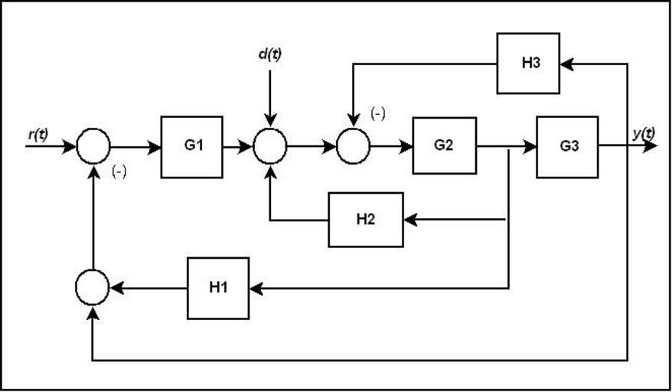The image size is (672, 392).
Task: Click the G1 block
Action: [x=191, y=147]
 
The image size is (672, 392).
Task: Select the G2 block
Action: [x=444, y=145]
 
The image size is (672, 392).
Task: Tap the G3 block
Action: [x=567, y=147]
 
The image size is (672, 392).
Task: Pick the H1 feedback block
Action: [x=218, y=288]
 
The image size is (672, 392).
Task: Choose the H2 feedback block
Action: [x=366, y=220]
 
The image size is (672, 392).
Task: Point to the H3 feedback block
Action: [x=528, y=63]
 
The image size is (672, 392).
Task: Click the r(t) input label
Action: [x=38, y=135]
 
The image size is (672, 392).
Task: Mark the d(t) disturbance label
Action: [x=269, y=55]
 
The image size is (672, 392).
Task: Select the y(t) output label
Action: [x=644, y=133]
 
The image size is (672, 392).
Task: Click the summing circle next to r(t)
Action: [x=93, y=146]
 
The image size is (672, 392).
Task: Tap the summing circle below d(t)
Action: [x=269, y=146]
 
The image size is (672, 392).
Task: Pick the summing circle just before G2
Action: [x=353, y=146]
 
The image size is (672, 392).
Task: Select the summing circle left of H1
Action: [x=93, y=288]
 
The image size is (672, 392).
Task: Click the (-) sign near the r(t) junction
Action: [x=119, y=171]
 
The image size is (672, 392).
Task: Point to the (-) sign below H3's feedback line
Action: [x=378, y=114]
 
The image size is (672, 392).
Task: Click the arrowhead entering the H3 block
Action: [x=566, y=64]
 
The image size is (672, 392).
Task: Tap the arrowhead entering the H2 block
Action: [x=409, y=220]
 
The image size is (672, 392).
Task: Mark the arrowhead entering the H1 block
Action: [x=256, y=288]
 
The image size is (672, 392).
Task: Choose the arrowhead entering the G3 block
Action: [x=530, y=146]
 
